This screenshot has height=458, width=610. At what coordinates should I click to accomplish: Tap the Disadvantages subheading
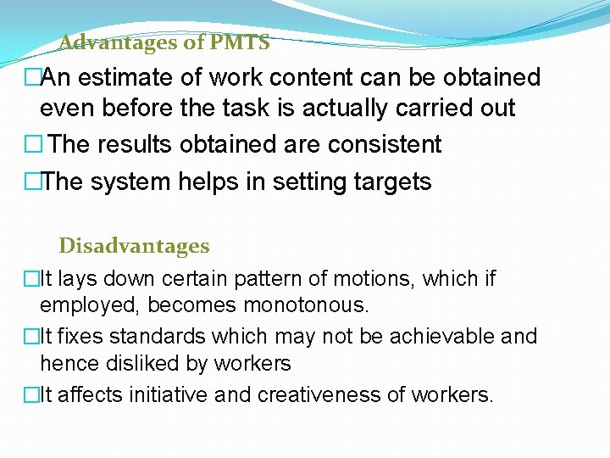click(x=134, y=247)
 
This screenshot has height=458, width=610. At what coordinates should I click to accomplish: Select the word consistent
click(x=385, y=144)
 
